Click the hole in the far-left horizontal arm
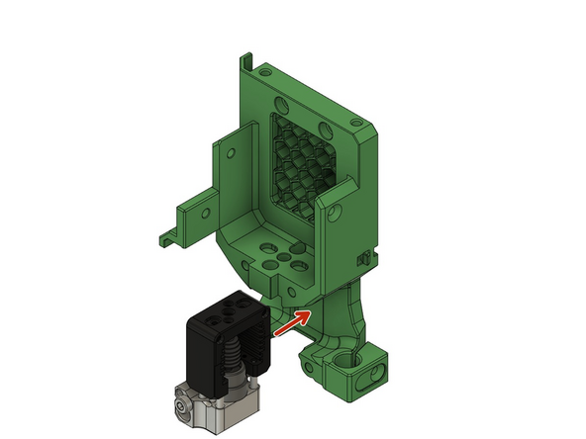point(204,210)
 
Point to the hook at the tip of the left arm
point(164,237)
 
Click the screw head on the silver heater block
point(179,405)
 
